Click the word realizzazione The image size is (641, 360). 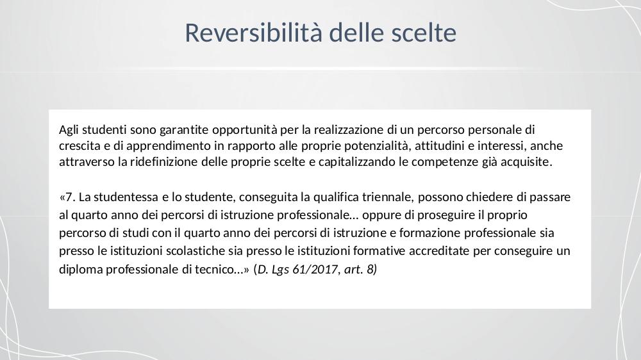[x=349, y=129]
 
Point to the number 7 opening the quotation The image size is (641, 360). [x=69, y=197]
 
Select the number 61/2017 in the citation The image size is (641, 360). [x=315, y=270]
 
